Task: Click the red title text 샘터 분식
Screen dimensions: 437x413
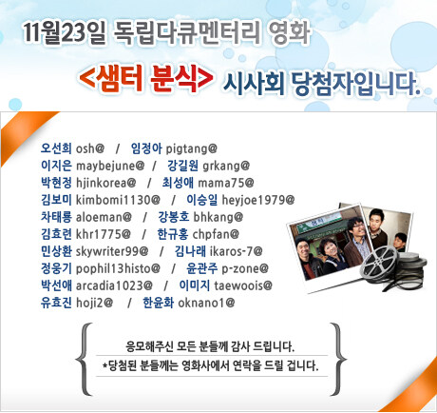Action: point(146,78)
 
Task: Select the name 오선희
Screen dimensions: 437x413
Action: point(56,148)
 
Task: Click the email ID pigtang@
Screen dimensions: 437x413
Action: point(192,148)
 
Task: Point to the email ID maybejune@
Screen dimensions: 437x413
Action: point(110,166)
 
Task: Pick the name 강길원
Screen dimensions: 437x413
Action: point(182,166)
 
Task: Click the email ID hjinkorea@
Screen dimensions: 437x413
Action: point(106,183)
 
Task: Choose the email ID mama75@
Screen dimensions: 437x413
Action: point(226,183)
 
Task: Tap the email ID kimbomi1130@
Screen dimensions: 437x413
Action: point(118,200)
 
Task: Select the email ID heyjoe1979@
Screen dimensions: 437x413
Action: point(258,200)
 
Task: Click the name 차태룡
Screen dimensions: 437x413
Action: point(56,217)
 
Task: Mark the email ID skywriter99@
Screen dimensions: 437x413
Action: point(112,251)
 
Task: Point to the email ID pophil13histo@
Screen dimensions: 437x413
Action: point(118,269)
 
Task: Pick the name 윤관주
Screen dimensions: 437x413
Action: point(202,268)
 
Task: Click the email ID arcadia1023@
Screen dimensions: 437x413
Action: point(114,285)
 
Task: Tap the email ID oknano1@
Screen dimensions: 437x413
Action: point(206,303)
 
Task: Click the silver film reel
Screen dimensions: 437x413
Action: point(379,265)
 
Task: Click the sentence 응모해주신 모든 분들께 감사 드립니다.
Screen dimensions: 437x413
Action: point(210,346)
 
